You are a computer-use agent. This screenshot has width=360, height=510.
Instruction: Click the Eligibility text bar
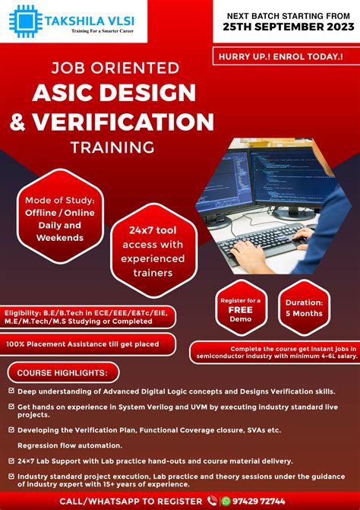click(x=87, y=316)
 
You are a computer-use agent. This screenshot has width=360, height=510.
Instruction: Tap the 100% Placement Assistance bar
click(x=84, y=344)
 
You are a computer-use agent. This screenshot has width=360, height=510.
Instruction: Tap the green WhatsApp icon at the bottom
click(x=226, y=500)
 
